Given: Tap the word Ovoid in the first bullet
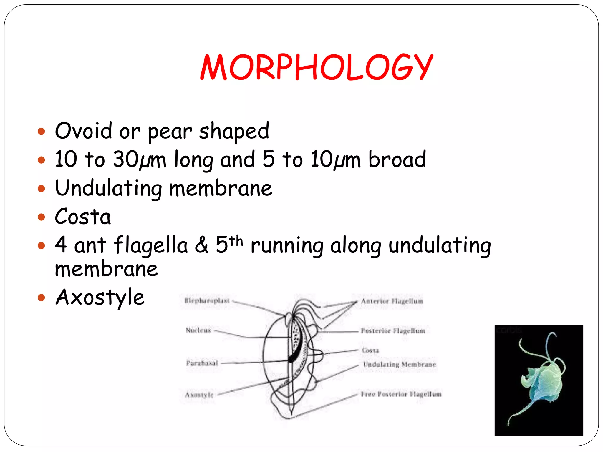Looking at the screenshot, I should (83, 131).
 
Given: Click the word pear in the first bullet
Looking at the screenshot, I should (170, 132).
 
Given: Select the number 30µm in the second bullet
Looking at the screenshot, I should (139, 160).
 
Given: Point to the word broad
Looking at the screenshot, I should (397, 159).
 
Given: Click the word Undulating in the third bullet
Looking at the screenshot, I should (108, 188).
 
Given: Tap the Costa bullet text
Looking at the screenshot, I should (83, 217).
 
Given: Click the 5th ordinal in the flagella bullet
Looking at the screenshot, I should (229, 244).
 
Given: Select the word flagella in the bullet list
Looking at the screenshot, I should (151, 245).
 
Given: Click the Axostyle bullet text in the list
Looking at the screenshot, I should (100, 297).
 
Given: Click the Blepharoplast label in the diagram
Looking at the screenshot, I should (207, 300).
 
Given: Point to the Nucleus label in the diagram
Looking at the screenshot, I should (198, 330).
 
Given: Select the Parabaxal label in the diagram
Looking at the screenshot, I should (202, 363).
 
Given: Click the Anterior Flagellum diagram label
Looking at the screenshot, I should (392, 301).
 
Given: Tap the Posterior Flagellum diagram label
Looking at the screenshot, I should (393, 331).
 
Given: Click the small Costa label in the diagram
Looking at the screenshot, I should (370, 350).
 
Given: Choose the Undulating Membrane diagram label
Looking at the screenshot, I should (399, 365).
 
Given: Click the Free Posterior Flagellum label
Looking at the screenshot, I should (401, 394).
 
